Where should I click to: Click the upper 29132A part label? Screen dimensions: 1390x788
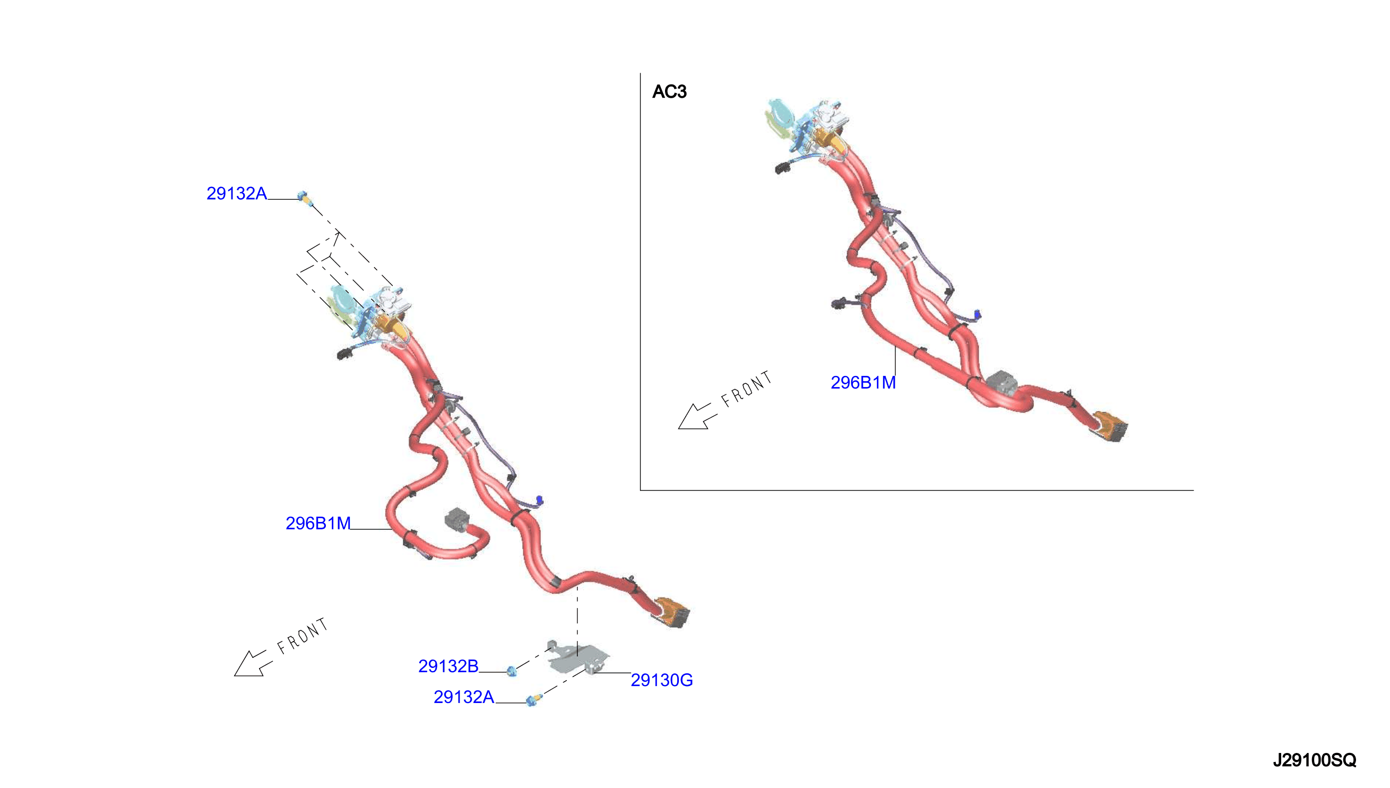tap(236, 193)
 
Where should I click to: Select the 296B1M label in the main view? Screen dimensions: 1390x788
tap(318, 524)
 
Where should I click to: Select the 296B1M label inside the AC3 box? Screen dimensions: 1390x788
tap(863, 383)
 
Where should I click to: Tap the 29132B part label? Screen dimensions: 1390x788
tap(448, 666)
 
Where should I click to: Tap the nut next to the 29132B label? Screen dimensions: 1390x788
tap(512, 671)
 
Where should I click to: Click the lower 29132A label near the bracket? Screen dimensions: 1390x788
tap(464, 697)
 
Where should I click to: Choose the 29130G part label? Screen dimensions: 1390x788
tap(662, 680)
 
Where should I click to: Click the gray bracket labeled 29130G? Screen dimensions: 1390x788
tap(577, 658)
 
